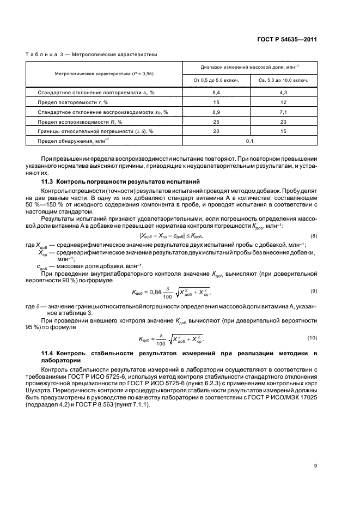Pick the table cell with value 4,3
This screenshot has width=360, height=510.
[282, 93]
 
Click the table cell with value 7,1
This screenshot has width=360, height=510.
[282, 111]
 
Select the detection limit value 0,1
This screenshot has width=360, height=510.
[250, 141]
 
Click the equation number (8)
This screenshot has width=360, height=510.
[314, 236]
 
